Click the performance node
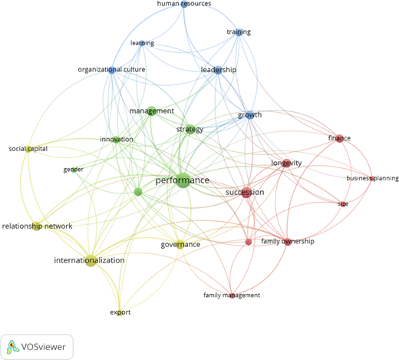tap(183, 180)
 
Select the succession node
tap(246, 193)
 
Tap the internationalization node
tap(91, 261)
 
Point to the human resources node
tap(184, 4)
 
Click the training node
tap(239, 32)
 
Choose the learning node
tap(142, 43)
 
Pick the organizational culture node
tap(111, 70)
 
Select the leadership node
tap(218, 70)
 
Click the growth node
tap(249, 115)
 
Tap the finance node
tap(339, 138)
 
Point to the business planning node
tap(372, 178)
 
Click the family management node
tap(232, 296)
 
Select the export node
tap(120, 312)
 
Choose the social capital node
tap(28, 149)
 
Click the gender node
tap(74, 170)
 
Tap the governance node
tap(180, 245)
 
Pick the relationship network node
tap(36, 226)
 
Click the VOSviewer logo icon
tap(12, 347)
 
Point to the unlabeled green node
tap(138, 192)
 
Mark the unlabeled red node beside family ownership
tap(249, 242)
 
